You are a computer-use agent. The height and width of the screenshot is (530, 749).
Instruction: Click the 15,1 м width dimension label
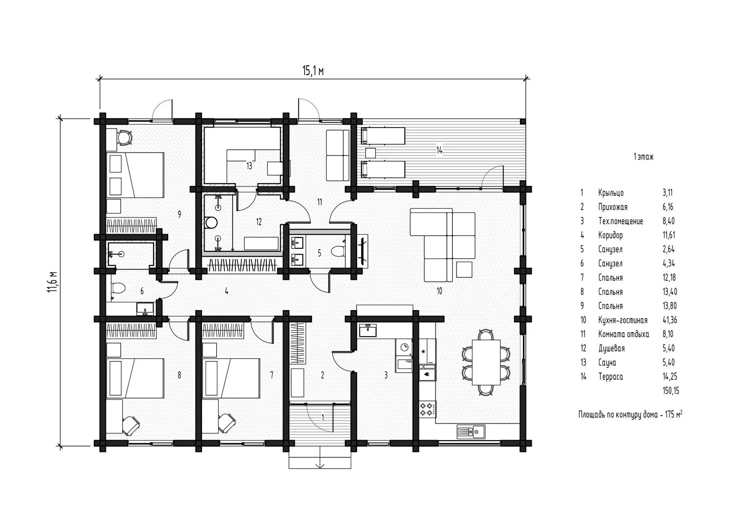coord(313,71)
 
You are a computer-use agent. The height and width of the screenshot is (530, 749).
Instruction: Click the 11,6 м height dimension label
coord(53,281)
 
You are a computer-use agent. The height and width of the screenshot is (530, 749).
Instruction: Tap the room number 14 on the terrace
coord(439,150)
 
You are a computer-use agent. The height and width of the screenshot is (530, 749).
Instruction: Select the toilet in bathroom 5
coord(338,251)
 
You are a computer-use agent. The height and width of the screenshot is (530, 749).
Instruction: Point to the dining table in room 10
coord(486,362)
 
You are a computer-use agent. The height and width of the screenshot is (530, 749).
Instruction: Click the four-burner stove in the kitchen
coord(428,409)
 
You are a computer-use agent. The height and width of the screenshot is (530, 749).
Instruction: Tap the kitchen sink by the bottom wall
coord(471,432)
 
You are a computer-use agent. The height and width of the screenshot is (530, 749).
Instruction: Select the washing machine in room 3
coord(404,347)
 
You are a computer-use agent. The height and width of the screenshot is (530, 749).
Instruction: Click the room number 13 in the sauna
coord(249,166)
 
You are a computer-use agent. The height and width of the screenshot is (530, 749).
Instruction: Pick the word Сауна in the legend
coord(607,362)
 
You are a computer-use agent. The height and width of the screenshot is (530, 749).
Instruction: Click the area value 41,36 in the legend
coord(670,320)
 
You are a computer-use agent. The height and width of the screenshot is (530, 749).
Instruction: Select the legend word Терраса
coord(611,377)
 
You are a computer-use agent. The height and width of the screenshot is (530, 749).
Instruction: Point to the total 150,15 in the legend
coord(671,391)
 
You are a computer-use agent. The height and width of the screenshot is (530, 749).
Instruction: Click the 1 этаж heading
coord(644,157)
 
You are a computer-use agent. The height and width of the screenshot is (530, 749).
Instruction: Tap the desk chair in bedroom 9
coord(125,137)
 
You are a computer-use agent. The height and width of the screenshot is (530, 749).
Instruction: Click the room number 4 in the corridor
coord(227,291)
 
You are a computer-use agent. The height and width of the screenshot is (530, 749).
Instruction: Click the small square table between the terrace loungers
coord(370,153)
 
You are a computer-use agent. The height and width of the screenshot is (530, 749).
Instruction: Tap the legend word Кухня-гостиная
coord(622,320)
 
